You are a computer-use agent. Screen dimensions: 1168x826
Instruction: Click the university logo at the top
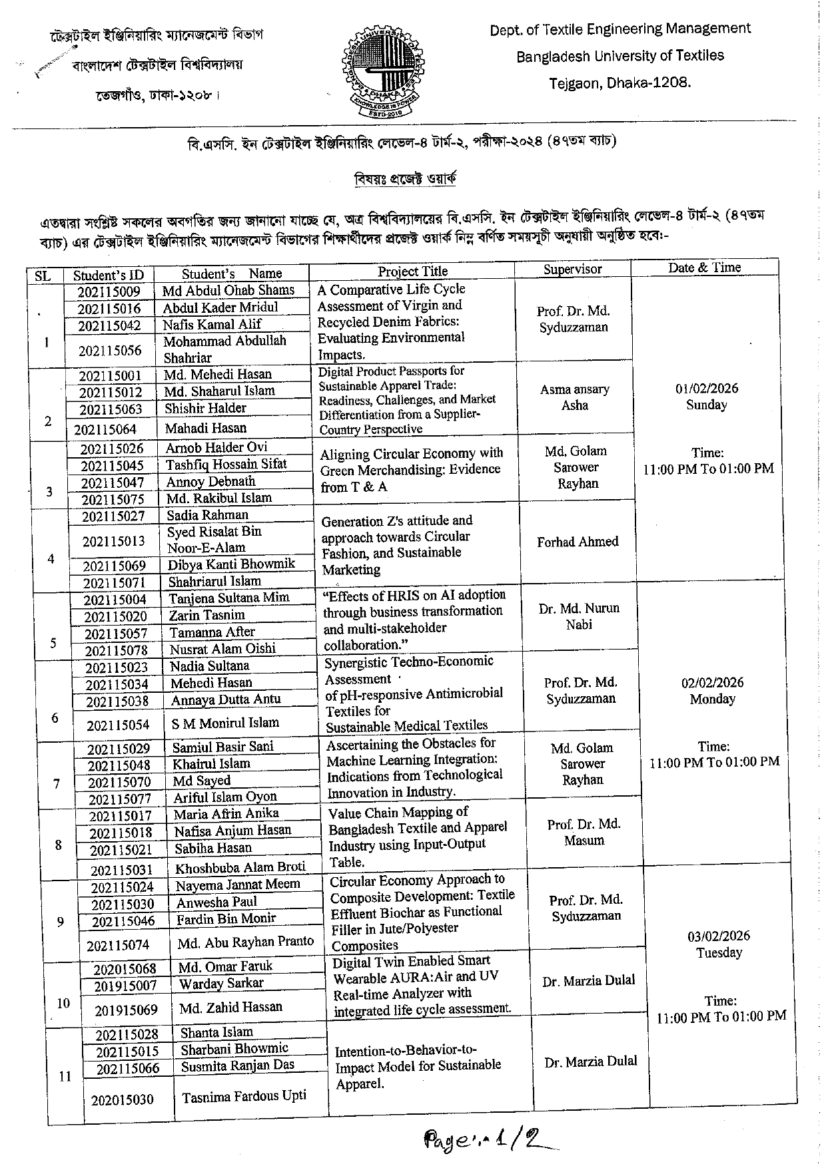tap(382, 71)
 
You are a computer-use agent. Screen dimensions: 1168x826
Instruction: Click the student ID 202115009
tap(109, 292)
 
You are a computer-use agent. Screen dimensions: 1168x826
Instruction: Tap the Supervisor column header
tap(572, 269)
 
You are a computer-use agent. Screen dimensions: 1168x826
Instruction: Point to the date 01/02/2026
tap(706, 389)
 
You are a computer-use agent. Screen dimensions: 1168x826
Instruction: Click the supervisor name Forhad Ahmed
tap(578, 542)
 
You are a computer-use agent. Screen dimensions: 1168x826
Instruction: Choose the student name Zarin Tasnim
tap(206, 615)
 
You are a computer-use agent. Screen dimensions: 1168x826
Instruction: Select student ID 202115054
tap(118, 725)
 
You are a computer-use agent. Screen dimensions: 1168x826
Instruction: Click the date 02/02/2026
tap(712, 683)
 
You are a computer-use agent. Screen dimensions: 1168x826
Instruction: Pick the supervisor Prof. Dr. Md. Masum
tap(584, 832)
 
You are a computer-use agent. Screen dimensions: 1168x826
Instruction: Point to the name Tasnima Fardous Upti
tap(244, 1095)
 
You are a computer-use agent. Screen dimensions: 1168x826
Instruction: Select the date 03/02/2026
tap(719, 936)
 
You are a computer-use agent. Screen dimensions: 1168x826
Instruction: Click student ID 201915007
tap(125, 985)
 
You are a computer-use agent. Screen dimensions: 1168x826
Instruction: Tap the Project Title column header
tap(412, 271)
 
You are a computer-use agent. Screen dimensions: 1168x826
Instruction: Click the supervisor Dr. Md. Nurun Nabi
tap(579, 616)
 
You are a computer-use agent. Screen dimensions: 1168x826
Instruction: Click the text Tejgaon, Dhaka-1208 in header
tap(619, 83)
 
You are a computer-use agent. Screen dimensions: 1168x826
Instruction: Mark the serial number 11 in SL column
tap(65, 1076)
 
